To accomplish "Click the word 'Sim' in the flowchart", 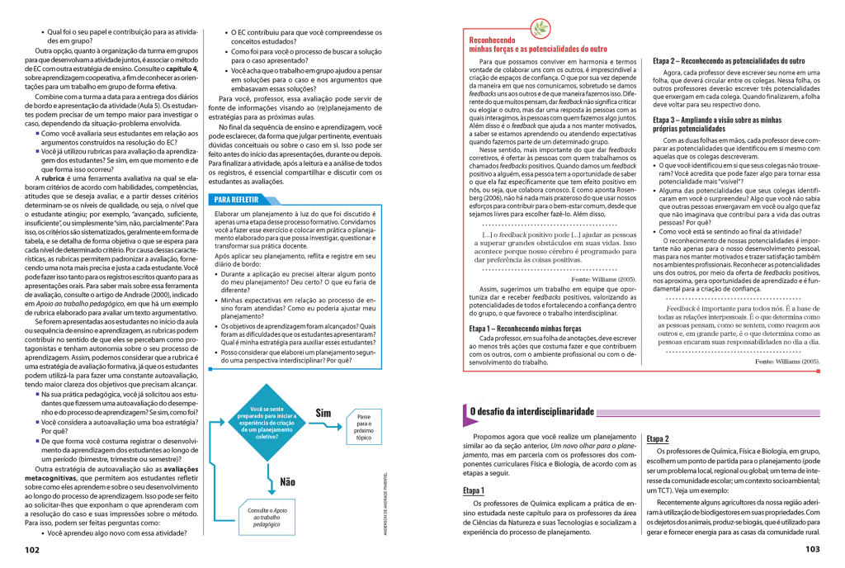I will [323, 413].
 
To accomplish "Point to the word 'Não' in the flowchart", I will [287, 481].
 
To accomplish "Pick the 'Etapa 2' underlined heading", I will [658, 438].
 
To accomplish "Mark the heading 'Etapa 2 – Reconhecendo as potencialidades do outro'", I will [729, 61].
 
